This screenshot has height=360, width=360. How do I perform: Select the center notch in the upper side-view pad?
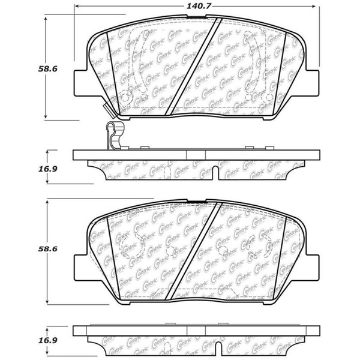[x=196, y=155]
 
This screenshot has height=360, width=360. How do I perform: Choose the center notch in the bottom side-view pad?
[x=196, y=332]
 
